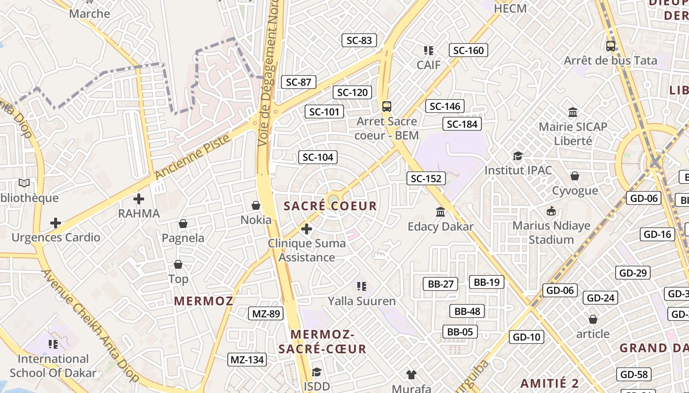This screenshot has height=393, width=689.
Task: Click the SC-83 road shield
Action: click(359, 40)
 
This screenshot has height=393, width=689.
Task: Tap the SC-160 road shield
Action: click(468, 50)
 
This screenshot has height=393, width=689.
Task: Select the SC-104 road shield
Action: click(317, 157)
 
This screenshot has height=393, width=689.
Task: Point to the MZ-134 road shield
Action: click(248, 360)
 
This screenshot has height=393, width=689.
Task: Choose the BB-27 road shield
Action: click(440, 284)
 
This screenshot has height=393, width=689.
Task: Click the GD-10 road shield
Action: click(526, 337)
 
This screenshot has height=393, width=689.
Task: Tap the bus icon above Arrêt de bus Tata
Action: click(611, 46)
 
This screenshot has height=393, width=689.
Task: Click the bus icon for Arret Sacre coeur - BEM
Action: click(387, 106)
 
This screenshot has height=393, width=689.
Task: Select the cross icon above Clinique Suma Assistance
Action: click(307, 229)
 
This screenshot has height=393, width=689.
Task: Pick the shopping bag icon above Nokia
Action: click(256, 205)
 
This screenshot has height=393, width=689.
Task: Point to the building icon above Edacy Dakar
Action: click(440, 212)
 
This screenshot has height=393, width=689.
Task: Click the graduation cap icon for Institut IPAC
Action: click(518, 156)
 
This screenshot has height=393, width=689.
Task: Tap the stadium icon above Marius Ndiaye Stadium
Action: click(551, 211)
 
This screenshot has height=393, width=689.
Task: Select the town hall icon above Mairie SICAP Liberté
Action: click(573, 112)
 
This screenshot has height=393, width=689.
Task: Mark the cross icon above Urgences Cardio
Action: click(56, 224)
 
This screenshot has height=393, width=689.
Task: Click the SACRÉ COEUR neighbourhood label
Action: click(330, 206)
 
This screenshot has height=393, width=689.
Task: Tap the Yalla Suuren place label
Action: click(362, 301)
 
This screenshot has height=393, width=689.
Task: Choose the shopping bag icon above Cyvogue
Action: click(574, 176)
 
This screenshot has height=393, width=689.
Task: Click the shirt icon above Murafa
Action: click(411, 375)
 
